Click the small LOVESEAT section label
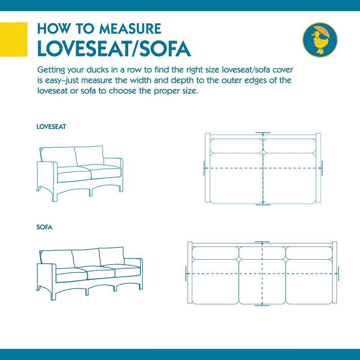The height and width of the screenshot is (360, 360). [51, 127]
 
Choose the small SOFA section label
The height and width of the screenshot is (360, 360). [45, 227]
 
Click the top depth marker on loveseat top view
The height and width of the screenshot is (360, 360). [263, 133]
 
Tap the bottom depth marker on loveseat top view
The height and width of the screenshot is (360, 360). [263, 204]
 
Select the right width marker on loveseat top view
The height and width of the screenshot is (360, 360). [322, 167]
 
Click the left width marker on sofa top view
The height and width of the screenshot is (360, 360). [186, 273]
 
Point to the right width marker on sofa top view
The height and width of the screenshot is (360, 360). [338, 273]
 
